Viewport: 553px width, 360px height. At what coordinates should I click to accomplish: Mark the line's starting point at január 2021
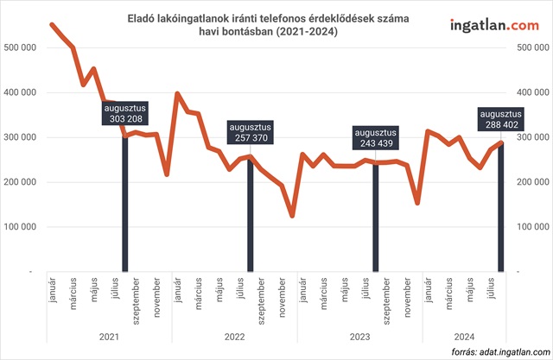pyautogui.click(x=53, y=24)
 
